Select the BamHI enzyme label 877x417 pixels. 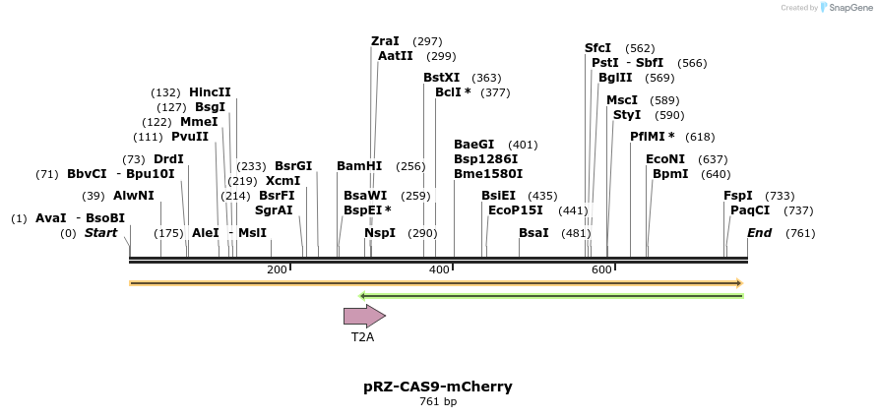tap(359, 166)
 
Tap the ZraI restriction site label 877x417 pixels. tap(385, 41)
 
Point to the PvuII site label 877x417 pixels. tap(190, 137)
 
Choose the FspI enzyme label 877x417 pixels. tap(738, 196)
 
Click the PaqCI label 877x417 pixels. tap(750, 210)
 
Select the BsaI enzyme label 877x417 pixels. tap(533, 233)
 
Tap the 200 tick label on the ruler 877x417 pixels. tap(277, 269)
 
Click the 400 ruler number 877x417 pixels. tap(440, 269)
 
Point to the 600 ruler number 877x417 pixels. tap(601, 269)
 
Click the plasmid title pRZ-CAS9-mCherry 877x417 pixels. tap(438, 387)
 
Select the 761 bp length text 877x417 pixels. tap(438, 401)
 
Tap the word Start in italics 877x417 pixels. tap(100, 233)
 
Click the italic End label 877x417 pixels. tap(759, 233)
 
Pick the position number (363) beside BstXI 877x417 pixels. tap(486, 78)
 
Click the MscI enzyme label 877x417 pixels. tap(622, 100)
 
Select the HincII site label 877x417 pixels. tap(210, 92)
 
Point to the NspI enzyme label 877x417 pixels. tap(380, 233)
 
